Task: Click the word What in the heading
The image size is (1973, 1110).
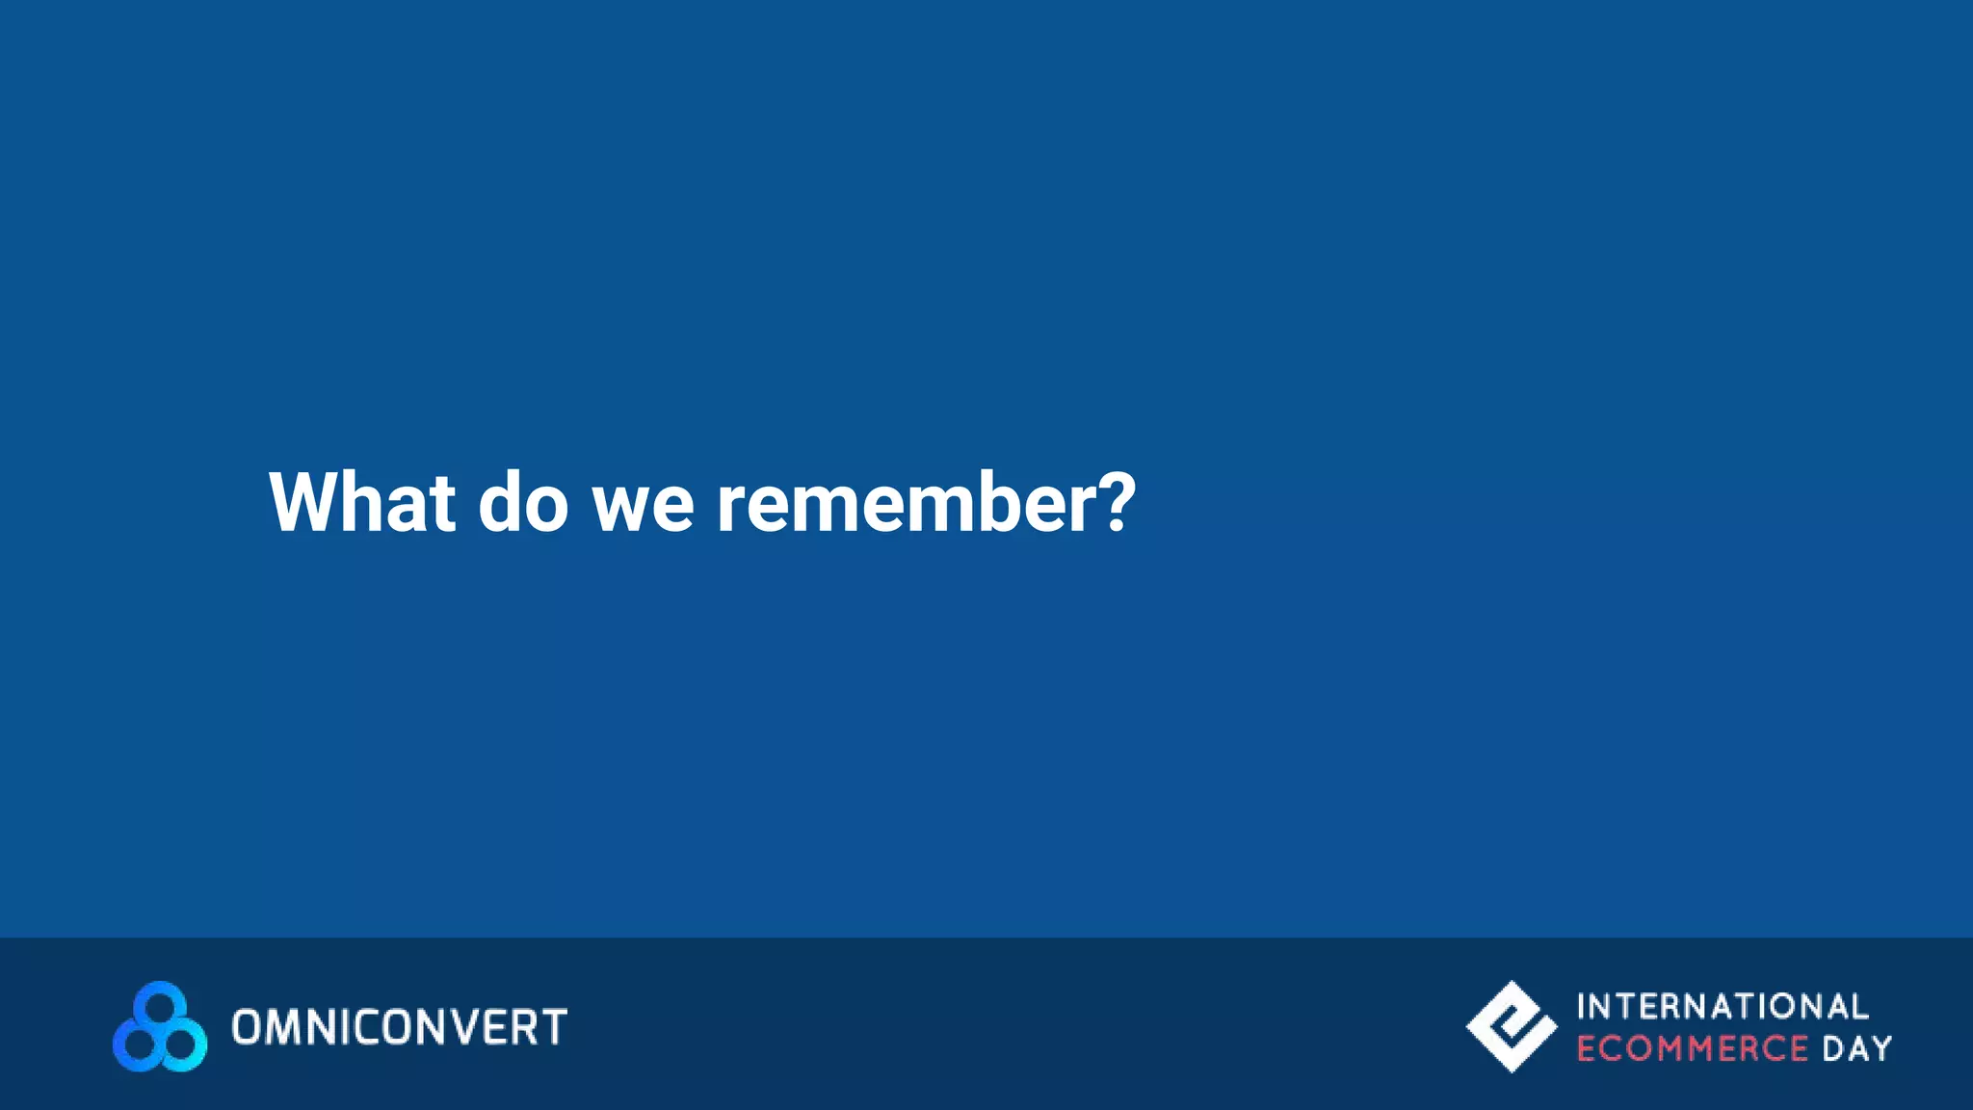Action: pos(362,502)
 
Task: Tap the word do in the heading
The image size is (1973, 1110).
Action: pos(523,502)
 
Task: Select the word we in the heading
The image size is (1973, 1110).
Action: pos(643,504)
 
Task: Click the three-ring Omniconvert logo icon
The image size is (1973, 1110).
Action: pos(160,1027)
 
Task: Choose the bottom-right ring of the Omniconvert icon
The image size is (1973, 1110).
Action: pos(181,1046)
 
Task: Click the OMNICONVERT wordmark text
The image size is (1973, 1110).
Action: pos(399,1027)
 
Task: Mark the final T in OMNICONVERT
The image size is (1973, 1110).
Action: pos(553,1027)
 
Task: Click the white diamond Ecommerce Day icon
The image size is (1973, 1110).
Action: pos(1511,1027)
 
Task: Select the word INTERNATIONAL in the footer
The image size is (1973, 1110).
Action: pos(1722,1007)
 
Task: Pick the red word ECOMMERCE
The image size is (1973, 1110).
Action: pos(1692,1048)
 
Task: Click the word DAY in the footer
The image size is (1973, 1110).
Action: pos(1856,1048)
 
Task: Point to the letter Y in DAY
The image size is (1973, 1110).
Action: pos(1881,1048)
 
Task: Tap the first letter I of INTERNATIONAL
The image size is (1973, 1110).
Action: pos(1582,1007)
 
